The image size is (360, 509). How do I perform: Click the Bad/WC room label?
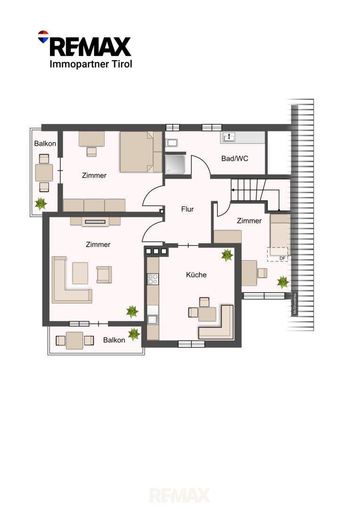click(235, 158)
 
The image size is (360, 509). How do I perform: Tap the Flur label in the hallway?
click(188, 209)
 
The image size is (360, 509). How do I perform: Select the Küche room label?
click(196, 275)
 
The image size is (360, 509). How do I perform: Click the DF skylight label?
click(282, 258)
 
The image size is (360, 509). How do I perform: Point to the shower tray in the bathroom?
click(175, 165)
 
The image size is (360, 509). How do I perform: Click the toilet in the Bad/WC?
click(171, 143)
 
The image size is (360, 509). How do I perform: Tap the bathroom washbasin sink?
click(229, 137)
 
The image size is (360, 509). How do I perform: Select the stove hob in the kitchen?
click(153, 279)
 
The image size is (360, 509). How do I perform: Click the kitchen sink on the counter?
click(153, 320)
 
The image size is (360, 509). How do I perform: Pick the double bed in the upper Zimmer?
click(141, 152)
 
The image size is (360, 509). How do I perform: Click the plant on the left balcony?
click(41, 204)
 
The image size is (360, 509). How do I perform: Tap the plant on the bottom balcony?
click(134, 334)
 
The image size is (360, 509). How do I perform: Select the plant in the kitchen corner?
click(227, 255)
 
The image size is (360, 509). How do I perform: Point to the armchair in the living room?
click(104, 274)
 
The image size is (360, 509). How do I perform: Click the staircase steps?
click(248, 190)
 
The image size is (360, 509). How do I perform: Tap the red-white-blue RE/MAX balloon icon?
click(43, 37)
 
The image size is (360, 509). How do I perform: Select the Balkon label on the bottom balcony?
click(114, 340)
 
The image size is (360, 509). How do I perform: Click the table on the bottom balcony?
click(74, 341)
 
